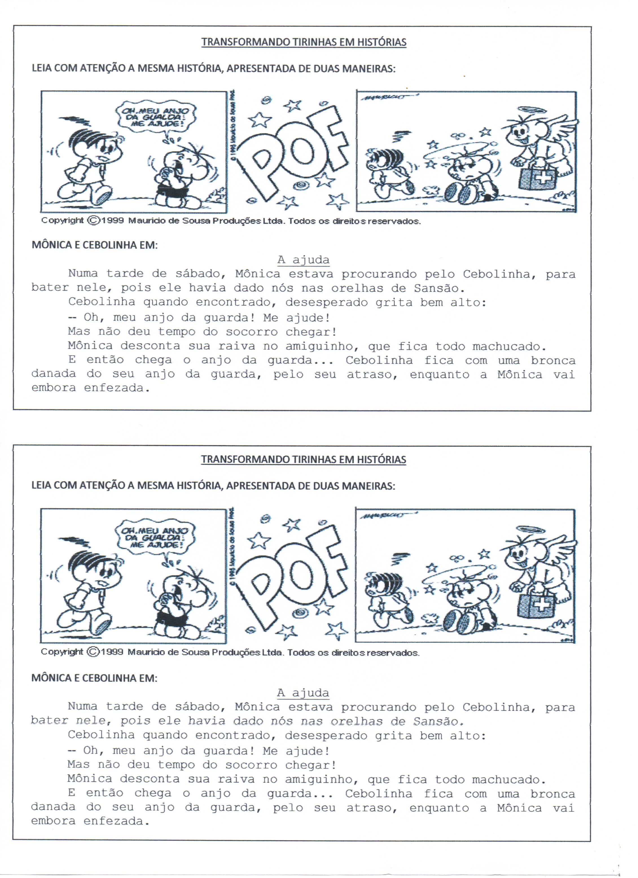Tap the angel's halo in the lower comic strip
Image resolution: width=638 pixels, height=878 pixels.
525,529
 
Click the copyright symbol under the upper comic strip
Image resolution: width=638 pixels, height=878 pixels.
93,221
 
